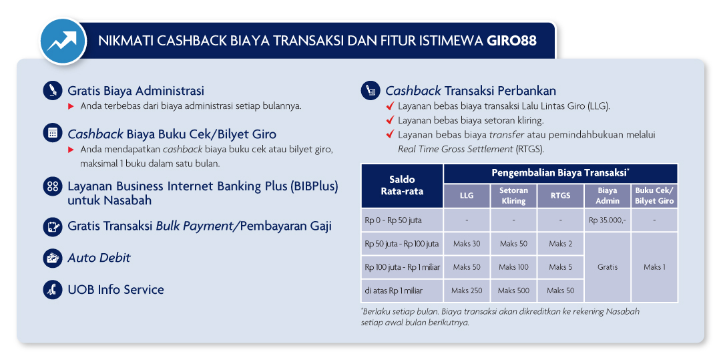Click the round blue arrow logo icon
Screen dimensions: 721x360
(63, 41)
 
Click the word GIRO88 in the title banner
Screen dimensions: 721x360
(511, 41)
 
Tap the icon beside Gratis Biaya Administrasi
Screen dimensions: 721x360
(53, 90)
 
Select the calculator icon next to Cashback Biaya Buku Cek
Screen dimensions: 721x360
(53, 134)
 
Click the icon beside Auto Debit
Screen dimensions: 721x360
(53, 258)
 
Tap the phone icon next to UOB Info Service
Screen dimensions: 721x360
(53, 290)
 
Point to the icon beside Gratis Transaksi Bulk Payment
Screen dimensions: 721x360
(53, 226)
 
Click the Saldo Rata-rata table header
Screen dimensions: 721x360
(403, 185)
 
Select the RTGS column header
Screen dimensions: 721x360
(560, 196)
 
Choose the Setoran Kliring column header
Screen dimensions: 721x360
(513, 196)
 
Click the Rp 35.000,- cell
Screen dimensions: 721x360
(608, 220)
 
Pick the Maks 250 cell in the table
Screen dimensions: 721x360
(467, 291)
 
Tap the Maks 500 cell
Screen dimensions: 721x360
(513, 291)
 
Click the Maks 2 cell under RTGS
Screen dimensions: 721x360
(560, 244)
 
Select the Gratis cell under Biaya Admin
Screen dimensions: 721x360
(608, 267)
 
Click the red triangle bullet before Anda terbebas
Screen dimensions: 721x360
(71, 106)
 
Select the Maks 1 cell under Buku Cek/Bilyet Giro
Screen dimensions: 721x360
(654, 267)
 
